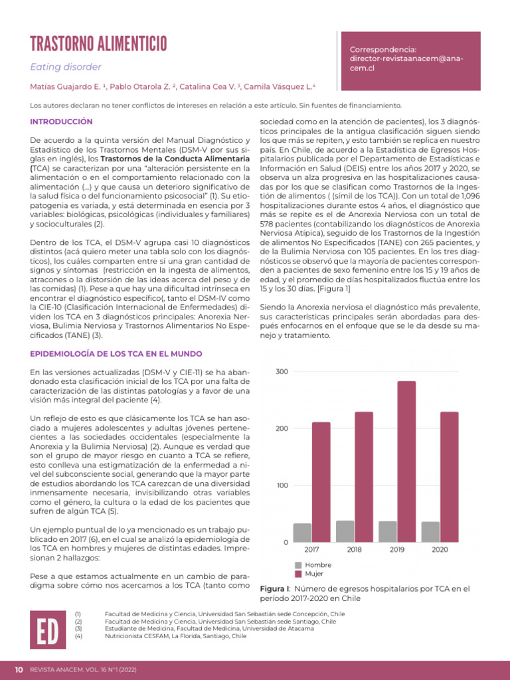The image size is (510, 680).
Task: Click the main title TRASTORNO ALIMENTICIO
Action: pyautogui.click(x=98, y=44)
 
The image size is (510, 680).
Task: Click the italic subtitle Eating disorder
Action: pyautogui.click(x=66, y=67)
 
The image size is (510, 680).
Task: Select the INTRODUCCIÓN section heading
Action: pyautogui.click(x=61, y=122)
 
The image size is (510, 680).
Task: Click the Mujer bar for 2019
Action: pyautogui.click(x=406, y=461)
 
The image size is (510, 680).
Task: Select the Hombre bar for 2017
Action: pyautogui.click(x=302, y=533)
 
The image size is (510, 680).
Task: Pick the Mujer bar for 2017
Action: pyautogui.click(x=321, y=481)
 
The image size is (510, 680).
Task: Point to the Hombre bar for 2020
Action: pyautogui.click(x=430, y=532)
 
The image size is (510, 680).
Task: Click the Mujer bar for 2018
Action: pyautogui.click(x=363, y=477)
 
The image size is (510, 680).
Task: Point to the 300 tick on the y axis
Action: pyautogui.click(x=282, y=371)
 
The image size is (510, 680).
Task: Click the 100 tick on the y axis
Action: pyautogui.click(x=282, y=485)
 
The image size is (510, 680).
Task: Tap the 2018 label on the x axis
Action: pyautogui.click(x=354, y=550)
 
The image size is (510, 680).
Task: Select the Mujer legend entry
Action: pyautogui.click(x=313, y=573)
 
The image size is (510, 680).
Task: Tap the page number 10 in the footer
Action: pyautogui.click(x=19, y=669)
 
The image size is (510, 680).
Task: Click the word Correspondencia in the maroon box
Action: pyautogui.click(x=382, y=50)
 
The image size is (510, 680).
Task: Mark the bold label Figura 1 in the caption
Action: pyautogui.click(x=274, y=589)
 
